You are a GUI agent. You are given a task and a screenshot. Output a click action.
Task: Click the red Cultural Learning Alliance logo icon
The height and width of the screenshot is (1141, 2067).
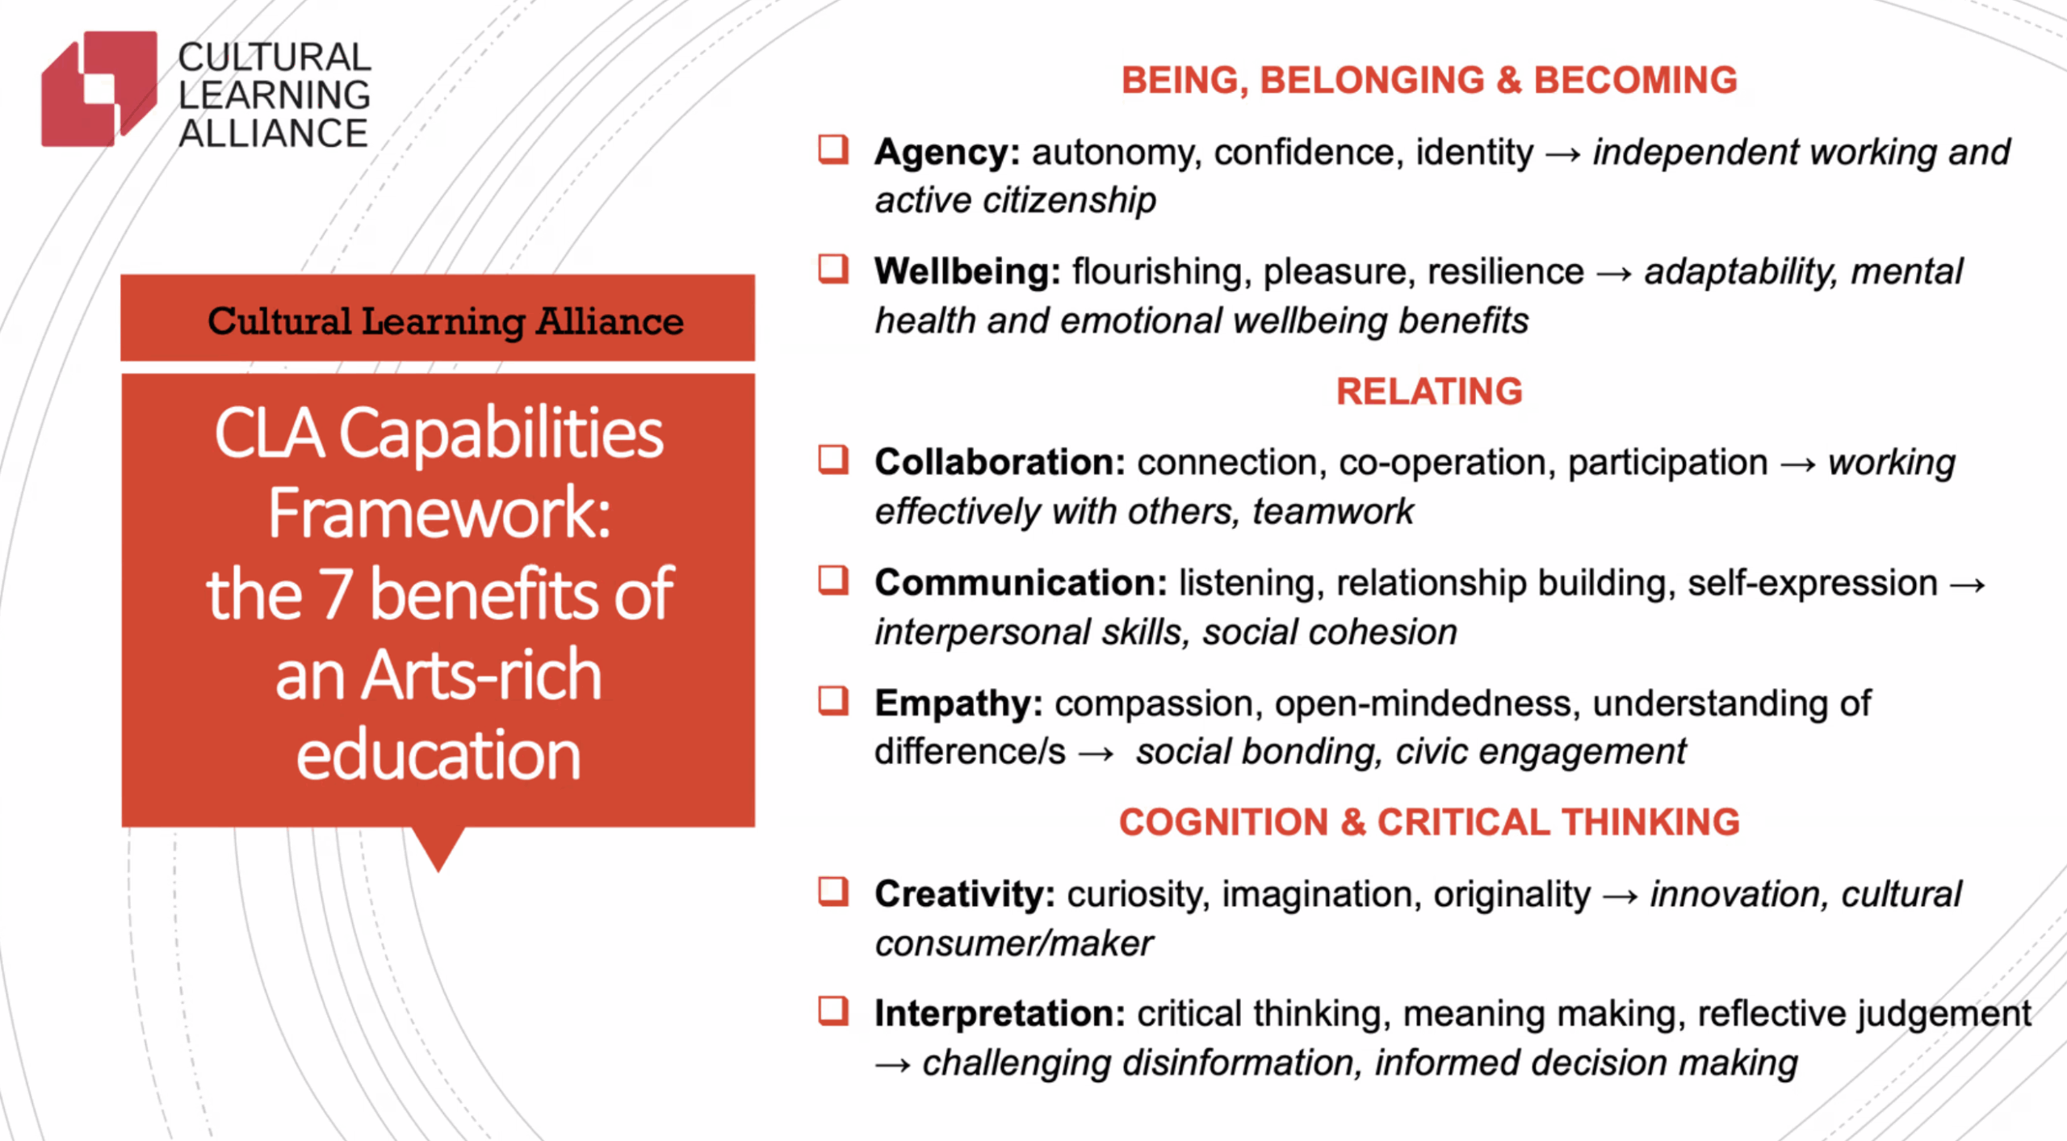(x=99, y=89)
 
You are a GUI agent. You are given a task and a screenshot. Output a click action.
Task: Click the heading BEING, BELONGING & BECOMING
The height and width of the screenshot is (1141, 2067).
(x=1429, y=80)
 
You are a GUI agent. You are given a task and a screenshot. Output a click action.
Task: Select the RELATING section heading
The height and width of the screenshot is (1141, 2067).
(x=1429, y=392)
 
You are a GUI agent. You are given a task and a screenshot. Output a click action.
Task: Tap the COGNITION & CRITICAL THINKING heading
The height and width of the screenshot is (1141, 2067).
(x=1429, y=822)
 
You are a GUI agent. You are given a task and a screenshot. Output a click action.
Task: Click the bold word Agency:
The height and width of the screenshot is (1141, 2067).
(x=947, y=153)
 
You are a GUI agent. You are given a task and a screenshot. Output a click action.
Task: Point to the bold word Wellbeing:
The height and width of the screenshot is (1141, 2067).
(x=967, y=272)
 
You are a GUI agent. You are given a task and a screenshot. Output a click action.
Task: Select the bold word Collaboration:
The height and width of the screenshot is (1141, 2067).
(x=1000, y=463)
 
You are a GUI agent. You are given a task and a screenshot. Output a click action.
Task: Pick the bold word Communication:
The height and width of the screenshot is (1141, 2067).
(x=1021, y=582)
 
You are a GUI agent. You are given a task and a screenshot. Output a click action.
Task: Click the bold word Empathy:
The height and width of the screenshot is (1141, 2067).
(x=958, y=704)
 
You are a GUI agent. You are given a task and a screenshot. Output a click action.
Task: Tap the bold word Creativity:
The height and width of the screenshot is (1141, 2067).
(x=965, y=895)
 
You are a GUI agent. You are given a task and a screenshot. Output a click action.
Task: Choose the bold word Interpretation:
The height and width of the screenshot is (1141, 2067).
(x=1000, y=1014)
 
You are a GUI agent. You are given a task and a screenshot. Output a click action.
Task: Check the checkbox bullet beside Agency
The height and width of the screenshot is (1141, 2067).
(x=833, y=149)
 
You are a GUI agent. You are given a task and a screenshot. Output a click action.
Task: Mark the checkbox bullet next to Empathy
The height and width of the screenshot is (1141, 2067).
(x=833, y=701)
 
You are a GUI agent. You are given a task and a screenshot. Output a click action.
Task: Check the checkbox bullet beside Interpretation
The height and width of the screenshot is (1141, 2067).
(x=833, y=1011)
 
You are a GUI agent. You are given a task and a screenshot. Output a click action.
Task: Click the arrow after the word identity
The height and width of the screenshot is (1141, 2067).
(x=1562, y=154)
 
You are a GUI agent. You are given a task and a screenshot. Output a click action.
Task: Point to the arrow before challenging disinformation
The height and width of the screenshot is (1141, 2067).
(x=893, y=1066)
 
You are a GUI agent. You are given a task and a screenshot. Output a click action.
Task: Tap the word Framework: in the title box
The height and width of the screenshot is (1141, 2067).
(x=439, y=514)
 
